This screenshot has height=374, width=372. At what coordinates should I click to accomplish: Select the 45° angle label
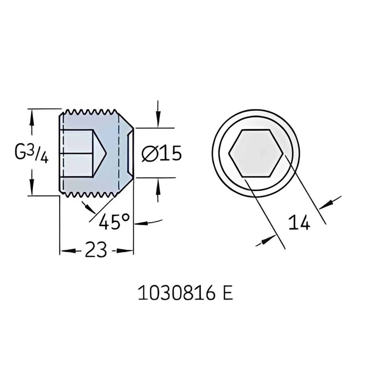(x=114, y=222)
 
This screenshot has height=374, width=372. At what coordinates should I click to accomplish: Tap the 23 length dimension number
(x=96, y=250)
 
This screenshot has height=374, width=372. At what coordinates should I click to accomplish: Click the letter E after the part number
(x=228, y=294)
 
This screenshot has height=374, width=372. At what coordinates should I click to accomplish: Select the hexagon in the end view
(x=256, y=153)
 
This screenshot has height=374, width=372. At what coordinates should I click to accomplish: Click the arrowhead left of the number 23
(x=66, y=251)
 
